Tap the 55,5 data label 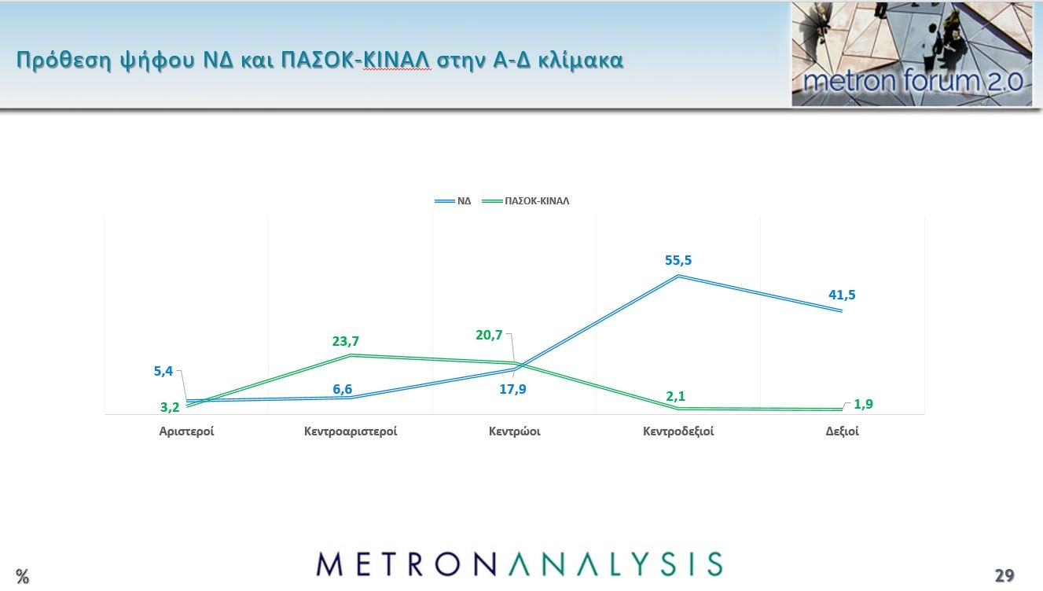[x=678, y=260]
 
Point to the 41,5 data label [x=841, y=295]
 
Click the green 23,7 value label [x=345, y=341]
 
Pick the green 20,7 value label [x=489, y=335]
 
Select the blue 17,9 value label [x=512, y=388]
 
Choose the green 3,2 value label [x=170, y=406]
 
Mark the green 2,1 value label [x=675, y=396]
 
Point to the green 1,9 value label [x=863, y=404]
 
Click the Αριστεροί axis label [x=186, y=431]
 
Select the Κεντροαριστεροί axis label [x=351, y=431]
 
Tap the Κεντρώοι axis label [x=514, y=431]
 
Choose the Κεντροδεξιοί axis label [x=678, y=431]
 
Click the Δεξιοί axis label [x=842, y=431]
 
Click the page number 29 [x=1004, y=575]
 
